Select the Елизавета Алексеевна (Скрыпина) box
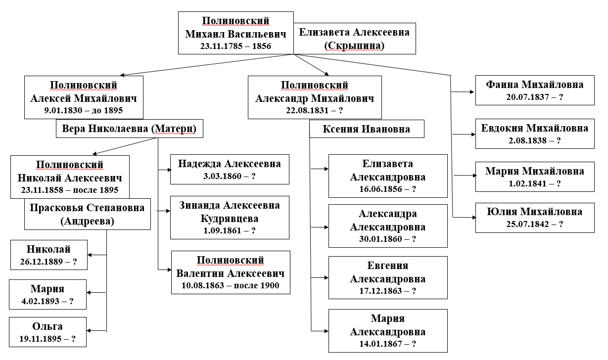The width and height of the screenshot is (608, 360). click(354, 39)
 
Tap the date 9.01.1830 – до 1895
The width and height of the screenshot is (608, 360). click(84, 110)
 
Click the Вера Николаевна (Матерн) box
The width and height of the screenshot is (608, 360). click(129, 130)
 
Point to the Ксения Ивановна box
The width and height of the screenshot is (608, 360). click(367, 130)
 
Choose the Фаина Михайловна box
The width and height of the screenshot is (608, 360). click(534, 90)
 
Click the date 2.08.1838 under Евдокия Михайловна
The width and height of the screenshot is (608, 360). click(535, 140)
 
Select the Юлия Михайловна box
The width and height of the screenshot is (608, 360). click(534, 218)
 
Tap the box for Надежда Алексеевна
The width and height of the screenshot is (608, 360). click(230, 170)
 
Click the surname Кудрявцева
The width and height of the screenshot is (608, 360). click(230, 218)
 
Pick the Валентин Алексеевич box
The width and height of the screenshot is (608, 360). click(231, 272)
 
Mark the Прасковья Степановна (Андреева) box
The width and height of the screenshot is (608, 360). click(87, 214)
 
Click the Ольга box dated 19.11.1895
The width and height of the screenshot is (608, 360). click(48, 333)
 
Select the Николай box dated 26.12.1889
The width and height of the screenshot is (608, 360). click(48, 255)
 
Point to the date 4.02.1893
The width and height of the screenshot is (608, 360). click(48, 301)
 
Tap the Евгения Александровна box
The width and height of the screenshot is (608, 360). click(388, 277)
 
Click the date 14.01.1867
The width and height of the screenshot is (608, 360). click(388, 344)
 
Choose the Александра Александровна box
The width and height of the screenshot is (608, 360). click(388, 226)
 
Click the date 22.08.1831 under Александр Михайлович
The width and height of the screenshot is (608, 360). click(315, 110)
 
